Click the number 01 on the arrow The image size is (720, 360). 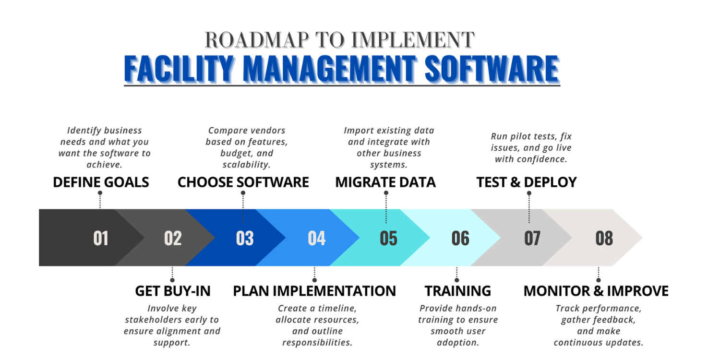coord(101,238)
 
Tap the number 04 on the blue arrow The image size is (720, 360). coord(316,238)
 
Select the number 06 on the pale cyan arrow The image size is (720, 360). coord(460,238)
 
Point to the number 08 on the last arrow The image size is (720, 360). coord(604,238)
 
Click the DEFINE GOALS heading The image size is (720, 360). coord(101,182)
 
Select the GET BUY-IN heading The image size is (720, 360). coord(173,291)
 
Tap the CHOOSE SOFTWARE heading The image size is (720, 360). coord(243,182)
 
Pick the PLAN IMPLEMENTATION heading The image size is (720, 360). coord(314,291)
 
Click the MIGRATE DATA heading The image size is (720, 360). coord(385,182)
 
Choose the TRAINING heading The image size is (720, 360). coord(457,291)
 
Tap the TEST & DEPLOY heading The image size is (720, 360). coord(527,182)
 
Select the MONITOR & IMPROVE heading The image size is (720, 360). coord(596,291)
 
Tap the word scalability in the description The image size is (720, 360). coord(246,165)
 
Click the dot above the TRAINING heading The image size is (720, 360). coord(456,280)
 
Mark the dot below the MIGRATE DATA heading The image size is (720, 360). coord(386,193)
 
